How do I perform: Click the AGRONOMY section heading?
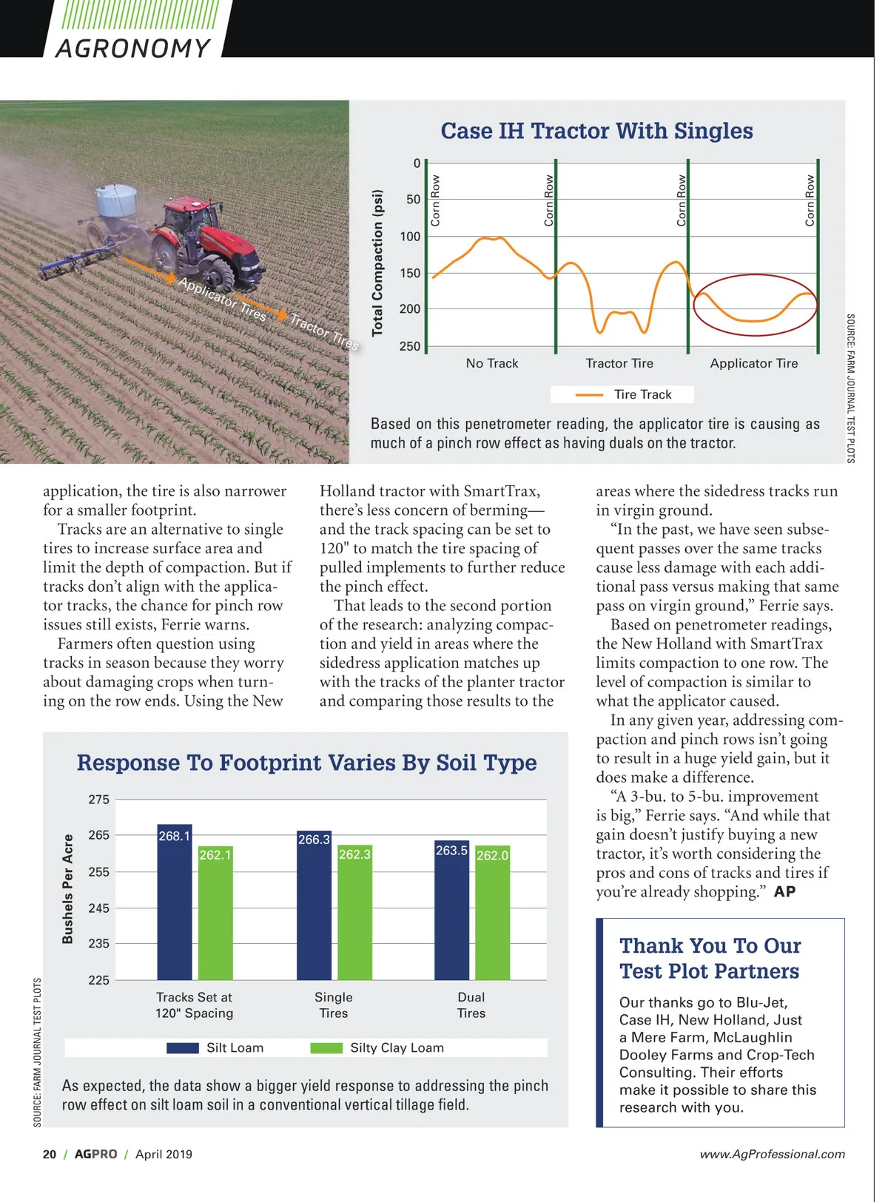(x=133, y=48)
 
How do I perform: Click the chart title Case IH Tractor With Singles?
(x=596, y=131)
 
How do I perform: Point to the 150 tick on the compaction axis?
(x=410, y=273)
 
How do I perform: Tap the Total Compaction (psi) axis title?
(x=378, y=263)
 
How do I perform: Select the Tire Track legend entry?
(x=622, y=394)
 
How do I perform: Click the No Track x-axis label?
(x=492, y=363)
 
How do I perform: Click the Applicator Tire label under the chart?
(x=753, y=363)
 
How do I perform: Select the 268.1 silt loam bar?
(x=174, y=902)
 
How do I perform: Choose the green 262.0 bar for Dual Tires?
(x=492, y=917)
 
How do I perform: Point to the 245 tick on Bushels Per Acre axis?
(x=98, y=908)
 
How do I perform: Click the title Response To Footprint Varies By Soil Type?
(x=306, y=763)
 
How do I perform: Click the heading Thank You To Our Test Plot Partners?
(x=710, y=958)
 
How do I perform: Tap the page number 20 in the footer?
(x=50, y=1154)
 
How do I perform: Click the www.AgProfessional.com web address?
(x=772, y=1154)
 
